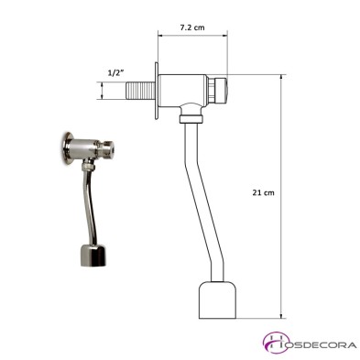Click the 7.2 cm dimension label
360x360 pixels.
[x=192, y=28]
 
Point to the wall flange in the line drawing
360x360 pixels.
[x=158, y=94]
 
